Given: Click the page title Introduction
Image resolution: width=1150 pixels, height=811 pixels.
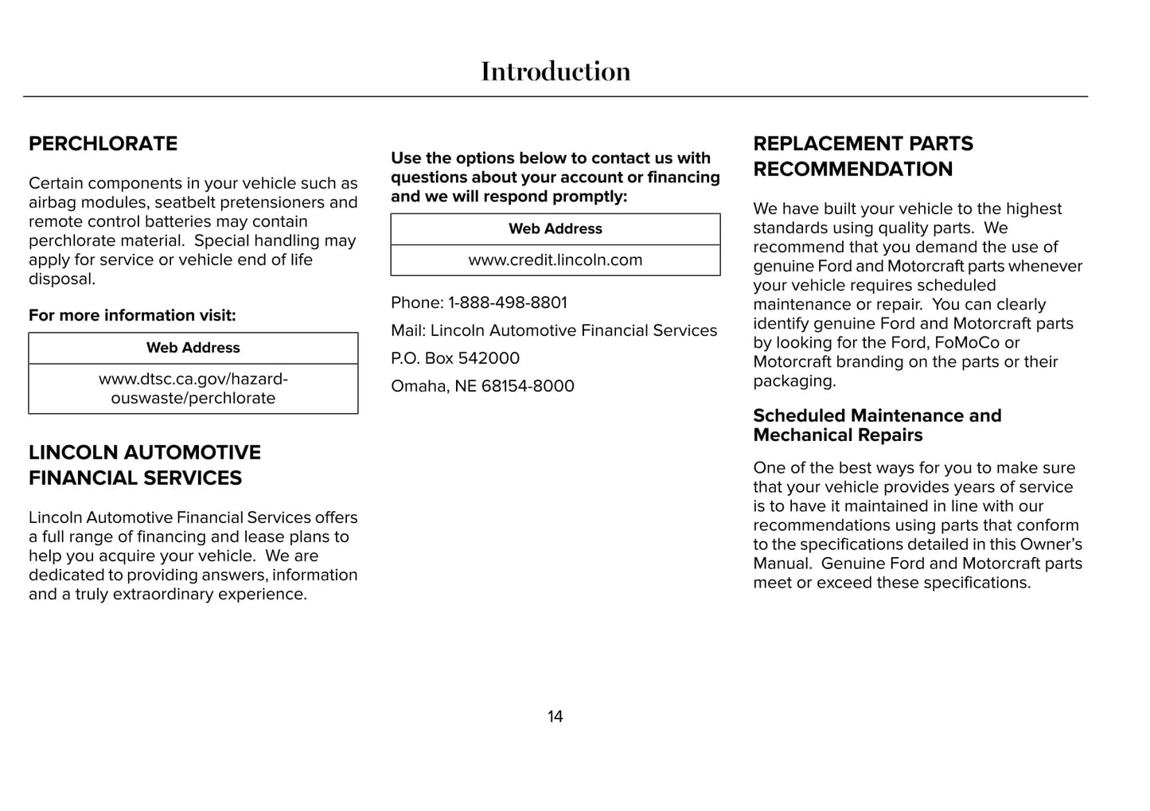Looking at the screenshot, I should click(556, 72).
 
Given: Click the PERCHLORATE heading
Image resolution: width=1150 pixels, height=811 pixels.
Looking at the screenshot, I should click(103, 144).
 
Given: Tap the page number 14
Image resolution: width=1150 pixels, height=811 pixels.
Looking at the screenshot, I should click(555, 716).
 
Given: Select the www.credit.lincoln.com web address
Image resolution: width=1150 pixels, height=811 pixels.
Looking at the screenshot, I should click(555, 260).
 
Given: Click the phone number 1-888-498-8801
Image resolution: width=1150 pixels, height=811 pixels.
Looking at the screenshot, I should click(508, 303).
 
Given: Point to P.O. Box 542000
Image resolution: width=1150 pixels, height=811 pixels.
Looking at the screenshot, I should click(455, 359).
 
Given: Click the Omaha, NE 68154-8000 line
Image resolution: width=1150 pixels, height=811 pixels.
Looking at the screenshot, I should click(482, 387).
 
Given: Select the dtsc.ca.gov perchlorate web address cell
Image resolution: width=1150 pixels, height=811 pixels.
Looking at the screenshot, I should click(193, 388).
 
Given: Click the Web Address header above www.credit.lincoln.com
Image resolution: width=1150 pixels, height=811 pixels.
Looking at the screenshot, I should click(555, 229).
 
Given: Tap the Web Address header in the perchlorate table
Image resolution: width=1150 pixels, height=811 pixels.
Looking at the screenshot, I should click(193, 348).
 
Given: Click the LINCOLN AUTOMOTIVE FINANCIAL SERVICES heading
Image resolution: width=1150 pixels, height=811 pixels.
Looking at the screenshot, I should click(145, 466).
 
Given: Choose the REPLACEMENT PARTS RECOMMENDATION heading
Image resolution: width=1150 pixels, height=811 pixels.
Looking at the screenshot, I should click(863, 157).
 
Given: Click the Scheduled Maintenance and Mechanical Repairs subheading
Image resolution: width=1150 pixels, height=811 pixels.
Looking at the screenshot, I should click(877, 426).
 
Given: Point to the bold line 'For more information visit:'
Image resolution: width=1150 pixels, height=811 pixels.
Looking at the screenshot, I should click(132, 316).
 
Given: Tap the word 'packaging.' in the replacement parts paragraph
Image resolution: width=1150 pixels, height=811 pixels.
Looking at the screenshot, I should click(794, 381).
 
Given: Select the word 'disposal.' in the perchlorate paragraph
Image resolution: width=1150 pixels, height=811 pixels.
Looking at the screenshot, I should click(62, 279).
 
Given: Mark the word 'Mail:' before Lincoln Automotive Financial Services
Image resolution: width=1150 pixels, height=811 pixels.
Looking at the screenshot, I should click(408, 331).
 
